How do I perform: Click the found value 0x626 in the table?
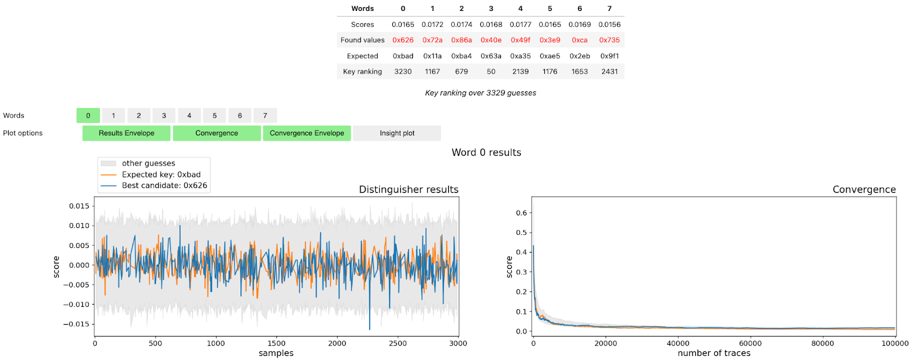(403, 40)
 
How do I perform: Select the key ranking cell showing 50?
(491, 71)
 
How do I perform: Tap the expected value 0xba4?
(461, 56)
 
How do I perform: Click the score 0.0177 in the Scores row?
(520, 25)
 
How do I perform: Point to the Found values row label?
(362, 40)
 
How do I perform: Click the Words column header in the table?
(362, 9)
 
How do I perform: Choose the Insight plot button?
(397, 133)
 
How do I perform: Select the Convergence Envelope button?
(307, 133)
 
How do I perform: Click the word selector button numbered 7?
(265, 115)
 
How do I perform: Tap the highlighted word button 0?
(88, 115)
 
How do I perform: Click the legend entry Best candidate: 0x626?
(164, 186)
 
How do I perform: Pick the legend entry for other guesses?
(148, 163)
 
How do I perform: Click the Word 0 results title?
(486, 153)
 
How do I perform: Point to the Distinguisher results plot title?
(408, 190)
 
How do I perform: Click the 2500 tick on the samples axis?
(398, 343)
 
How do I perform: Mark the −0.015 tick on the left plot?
(77, 324)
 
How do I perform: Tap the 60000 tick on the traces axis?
(750, 343)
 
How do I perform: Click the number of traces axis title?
(713, 353)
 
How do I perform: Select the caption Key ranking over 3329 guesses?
(480, 93)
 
